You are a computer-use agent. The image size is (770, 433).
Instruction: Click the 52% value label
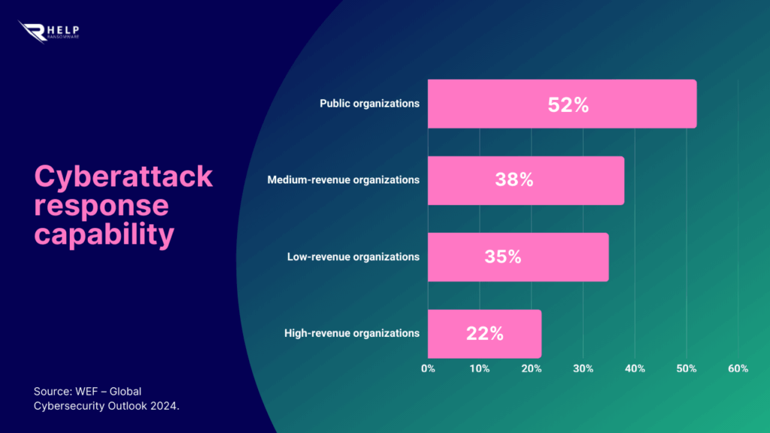[x=568, y=104]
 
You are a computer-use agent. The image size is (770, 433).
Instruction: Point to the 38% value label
[x=514, y=180]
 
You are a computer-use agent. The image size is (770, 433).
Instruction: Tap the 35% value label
[x=503, y=257]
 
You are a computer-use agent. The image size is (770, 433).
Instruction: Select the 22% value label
[x=484, y=334]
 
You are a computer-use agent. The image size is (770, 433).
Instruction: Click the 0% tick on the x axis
[x=428, y=368]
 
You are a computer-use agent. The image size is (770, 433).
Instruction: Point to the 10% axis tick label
[x=479, y=368]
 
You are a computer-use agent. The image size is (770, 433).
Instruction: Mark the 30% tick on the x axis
[x=583, y=368]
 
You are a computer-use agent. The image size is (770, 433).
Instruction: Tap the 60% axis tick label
[x=738, y=368]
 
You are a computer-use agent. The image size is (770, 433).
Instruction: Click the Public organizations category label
[x=369, y=104]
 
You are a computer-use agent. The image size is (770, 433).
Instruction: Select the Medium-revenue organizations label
[x=344, y=180]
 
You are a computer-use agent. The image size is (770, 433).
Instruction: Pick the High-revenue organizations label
[x=352, y=333]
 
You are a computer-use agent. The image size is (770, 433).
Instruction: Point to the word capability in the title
[x=104, y=234]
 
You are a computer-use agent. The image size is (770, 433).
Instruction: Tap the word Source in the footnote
[x=51, y=392]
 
